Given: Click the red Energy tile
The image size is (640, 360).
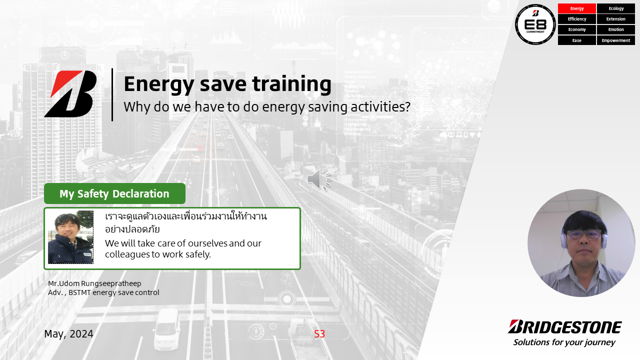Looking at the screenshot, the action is tap(577, 8).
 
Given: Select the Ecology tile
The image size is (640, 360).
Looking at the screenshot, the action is tap(616, 8).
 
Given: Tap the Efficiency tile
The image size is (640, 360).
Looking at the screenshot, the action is tap(577, 19).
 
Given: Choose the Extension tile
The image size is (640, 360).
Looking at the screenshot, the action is tap(616, 19).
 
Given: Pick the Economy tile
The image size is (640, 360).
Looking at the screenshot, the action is tap(577, 29).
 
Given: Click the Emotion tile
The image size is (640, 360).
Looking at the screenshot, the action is tap(616, 29).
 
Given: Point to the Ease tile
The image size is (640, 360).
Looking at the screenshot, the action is tap(577, 40).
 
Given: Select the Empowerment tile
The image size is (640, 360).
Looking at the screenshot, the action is tap(616, 40).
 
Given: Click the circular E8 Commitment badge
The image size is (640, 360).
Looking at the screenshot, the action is tap(535, 24).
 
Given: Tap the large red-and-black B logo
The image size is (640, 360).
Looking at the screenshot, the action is tap(70, 94).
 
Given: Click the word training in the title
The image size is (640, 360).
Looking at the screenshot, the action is tap(291, 84).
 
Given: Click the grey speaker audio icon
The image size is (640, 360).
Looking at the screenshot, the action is tap(319, 179).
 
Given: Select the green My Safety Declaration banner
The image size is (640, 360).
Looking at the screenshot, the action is tap(114, 193).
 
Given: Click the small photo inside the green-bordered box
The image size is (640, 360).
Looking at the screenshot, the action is tap(70, 237).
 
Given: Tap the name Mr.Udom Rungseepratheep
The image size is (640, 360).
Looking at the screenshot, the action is tap(94, 283).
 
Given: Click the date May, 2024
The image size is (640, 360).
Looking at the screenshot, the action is tap(69, 333).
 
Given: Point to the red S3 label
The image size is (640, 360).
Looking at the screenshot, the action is tap(319, 333).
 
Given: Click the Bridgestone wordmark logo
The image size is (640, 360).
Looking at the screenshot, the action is tap(564, 327).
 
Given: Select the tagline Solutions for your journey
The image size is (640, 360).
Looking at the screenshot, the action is tap(564, 342).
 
